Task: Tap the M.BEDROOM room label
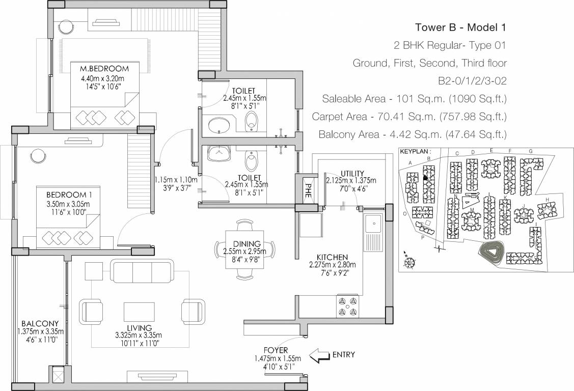click(104, 69)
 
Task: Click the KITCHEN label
click(332, 257)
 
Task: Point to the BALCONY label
click(39, 323)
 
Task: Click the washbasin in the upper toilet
click(220, 125)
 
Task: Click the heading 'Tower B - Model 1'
click(460, 27)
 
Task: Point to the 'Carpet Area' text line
click(409, 117)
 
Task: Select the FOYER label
click(276, 350)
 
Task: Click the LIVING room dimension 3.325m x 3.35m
click(139, 335)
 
